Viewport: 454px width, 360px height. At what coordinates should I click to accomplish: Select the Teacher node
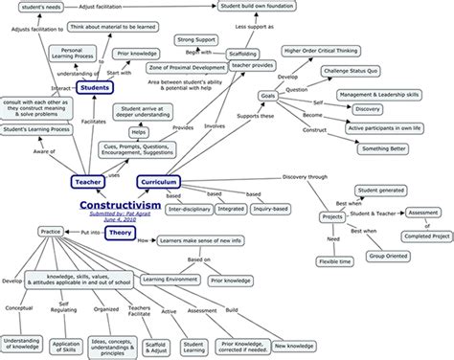click(x=87, y=182)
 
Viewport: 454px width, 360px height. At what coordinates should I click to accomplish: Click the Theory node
click(x=118, y=233)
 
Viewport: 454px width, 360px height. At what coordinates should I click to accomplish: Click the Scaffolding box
click(x=250, y=56)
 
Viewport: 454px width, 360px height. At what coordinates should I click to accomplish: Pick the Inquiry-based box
click(x=280, y=207)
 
